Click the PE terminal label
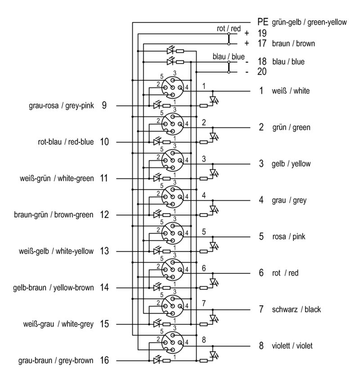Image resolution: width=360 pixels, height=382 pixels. (x=263, y=21)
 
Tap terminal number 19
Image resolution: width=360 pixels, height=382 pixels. (x=262, y=33)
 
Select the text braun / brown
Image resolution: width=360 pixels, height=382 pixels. (x=293, y=44)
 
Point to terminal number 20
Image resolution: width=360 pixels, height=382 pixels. (x=262, y=72)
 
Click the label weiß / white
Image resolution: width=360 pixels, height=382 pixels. (x=290, y=91)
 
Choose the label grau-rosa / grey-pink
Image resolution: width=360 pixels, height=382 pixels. (x=61, y=106)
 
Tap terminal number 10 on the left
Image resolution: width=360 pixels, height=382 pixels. (x=104, y=142)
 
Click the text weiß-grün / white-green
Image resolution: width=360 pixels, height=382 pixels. (x=57, y=178)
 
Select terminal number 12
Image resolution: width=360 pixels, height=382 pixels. (x=104, y=215)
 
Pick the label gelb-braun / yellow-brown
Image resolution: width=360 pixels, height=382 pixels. (x=54, y=287)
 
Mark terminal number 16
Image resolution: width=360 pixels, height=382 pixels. (x=104, y=360)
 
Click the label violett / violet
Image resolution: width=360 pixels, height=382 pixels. (x=292, y=346)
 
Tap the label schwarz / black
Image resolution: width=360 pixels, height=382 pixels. (x=296, y=309)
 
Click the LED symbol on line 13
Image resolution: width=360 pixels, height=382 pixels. (x=157, y=251)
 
